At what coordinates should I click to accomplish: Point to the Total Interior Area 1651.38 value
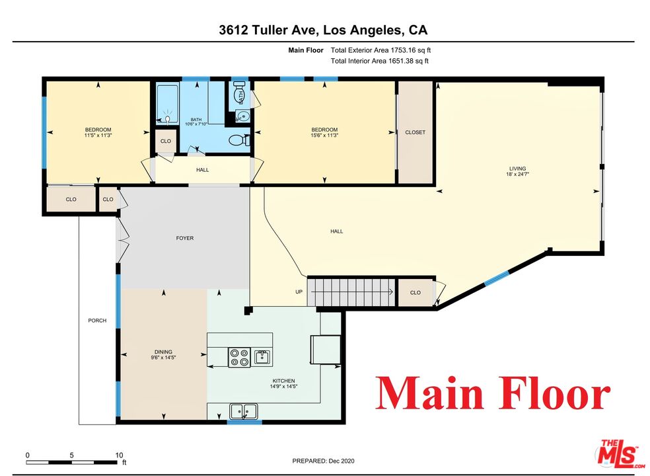(379, 61)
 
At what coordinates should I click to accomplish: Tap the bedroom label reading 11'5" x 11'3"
(98, 132)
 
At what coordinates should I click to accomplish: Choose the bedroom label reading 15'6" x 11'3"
(324, 132)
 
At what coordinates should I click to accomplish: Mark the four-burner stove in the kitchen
(238, 358)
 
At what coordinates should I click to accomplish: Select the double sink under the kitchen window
(244, 411)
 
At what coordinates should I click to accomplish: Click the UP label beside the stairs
(299, 292)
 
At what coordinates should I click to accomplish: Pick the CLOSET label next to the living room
(415, 132)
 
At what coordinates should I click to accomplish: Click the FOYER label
(185, 238)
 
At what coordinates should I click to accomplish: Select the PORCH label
(97, 321)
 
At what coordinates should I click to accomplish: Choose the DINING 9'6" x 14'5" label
(163, 354)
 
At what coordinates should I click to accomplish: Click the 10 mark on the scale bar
(119, 456)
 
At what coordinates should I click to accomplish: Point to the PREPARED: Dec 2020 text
(323, 461)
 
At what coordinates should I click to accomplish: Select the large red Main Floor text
(492, 394)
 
